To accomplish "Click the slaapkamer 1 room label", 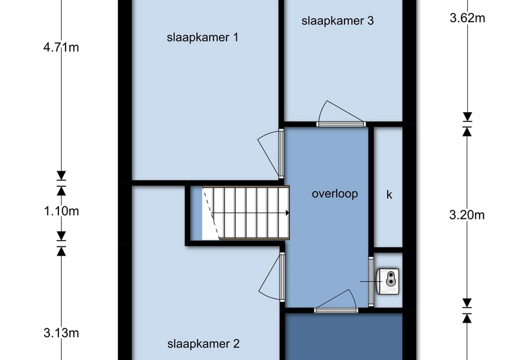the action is (203, 37).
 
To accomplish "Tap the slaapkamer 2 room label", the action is (203, 344).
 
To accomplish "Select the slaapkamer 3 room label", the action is (337, 21).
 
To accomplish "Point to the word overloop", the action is (335, 193).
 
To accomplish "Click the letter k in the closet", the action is (389, 195).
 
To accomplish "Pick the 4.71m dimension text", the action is (61, 47).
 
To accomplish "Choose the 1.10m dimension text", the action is (62, 211).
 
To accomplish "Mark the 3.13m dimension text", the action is (61, 333).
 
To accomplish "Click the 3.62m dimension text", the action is (467, 18).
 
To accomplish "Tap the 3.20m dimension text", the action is (467, 215).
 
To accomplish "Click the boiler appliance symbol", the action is (388, 281).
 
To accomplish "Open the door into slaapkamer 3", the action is (341, 113).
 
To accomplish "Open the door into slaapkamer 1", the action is (270, 153).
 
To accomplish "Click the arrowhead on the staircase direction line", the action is (287, 213).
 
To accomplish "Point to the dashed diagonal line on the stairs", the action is (211, 213).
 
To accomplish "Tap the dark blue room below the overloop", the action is (343, 336).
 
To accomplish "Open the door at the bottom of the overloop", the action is (336, 301).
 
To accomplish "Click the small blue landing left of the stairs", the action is (196, 214).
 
